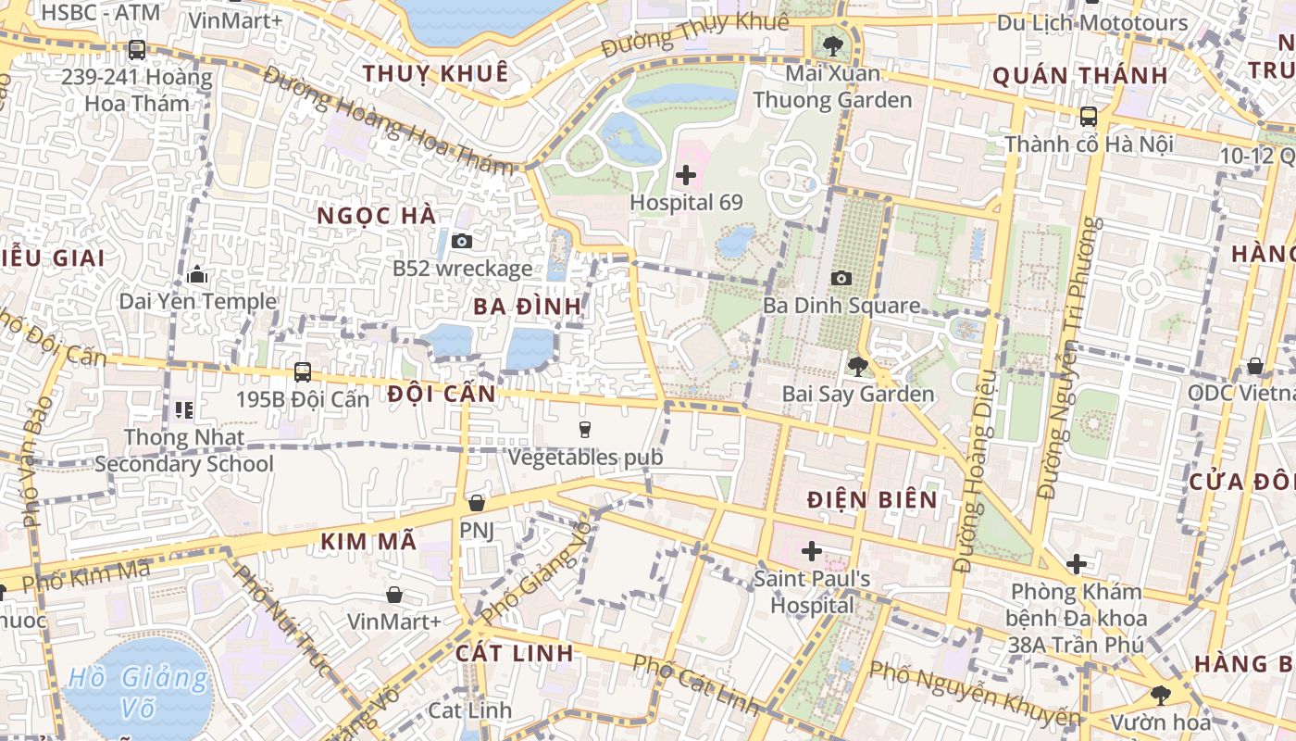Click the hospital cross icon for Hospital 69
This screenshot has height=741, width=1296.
(x=686, y=174)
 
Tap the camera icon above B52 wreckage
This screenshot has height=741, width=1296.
(x=461, y=241)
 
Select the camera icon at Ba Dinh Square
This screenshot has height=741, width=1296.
(x=841, y=278)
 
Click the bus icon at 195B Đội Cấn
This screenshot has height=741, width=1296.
(x=302, y=372)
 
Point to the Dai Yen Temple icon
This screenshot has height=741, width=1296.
(x=197, y=274)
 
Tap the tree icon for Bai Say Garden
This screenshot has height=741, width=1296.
(x=857, y=367)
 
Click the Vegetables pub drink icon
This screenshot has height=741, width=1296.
(x=584, y=429)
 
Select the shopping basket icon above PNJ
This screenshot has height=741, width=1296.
(x=477, y=503)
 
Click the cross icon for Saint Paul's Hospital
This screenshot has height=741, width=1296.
(x=812, y=552)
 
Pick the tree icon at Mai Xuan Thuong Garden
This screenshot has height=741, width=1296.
(x=833, y=44)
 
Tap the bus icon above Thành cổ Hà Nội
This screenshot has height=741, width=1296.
(x=1089, y=117)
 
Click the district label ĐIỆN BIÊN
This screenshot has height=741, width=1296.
(x=872, y=500)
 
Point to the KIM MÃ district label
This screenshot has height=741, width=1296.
(x=368, y=542)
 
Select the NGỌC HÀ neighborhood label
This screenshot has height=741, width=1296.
(x=376, y=216)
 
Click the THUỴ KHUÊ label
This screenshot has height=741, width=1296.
(x=435, y=73)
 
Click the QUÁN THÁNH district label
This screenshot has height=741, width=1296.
(x=1080, y=76)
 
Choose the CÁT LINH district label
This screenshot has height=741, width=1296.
(x=515, y=653)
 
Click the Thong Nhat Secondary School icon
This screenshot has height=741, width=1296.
(x=183, y=409)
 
